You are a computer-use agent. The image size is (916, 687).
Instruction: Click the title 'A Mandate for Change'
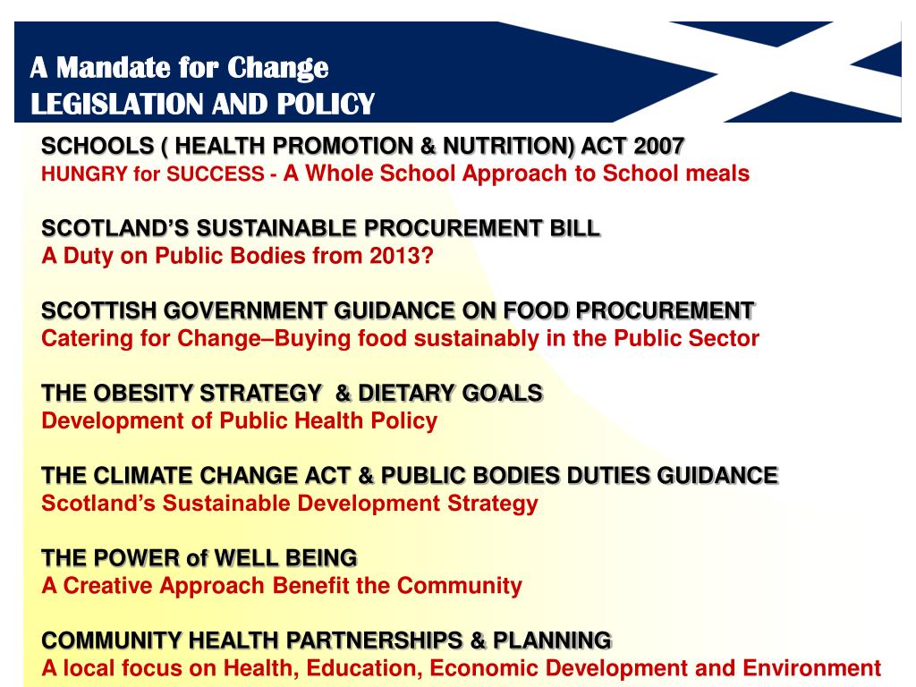180,67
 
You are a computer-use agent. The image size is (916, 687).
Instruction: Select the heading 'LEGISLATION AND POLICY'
202,105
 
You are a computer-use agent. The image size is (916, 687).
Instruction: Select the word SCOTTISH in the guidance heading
95,310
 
